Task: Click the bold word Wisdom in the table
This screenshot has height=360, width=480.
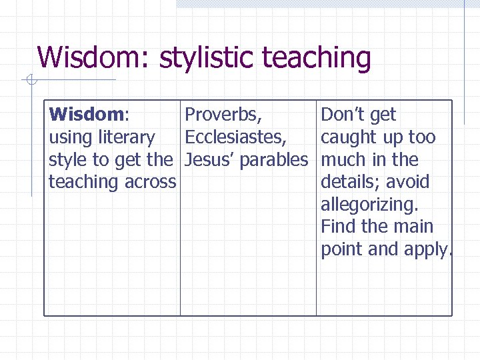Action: click(x=87, y=115)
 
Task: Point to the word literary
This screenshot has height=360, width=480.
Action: click(x=126, y=137)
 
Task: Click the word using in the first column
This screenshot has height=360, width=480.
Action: click(x=71, y=137)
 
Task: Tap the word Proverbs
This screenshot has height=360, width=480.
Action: click(x=223, y=115)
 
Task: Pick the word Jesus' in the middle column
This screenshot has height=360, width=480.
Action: click(x=209, y=160)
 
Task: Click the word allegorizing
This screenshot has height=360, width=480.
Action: click(x=369, y=205)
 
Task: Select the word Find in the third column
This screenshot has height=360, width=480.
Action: click(x=338, y=227)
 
